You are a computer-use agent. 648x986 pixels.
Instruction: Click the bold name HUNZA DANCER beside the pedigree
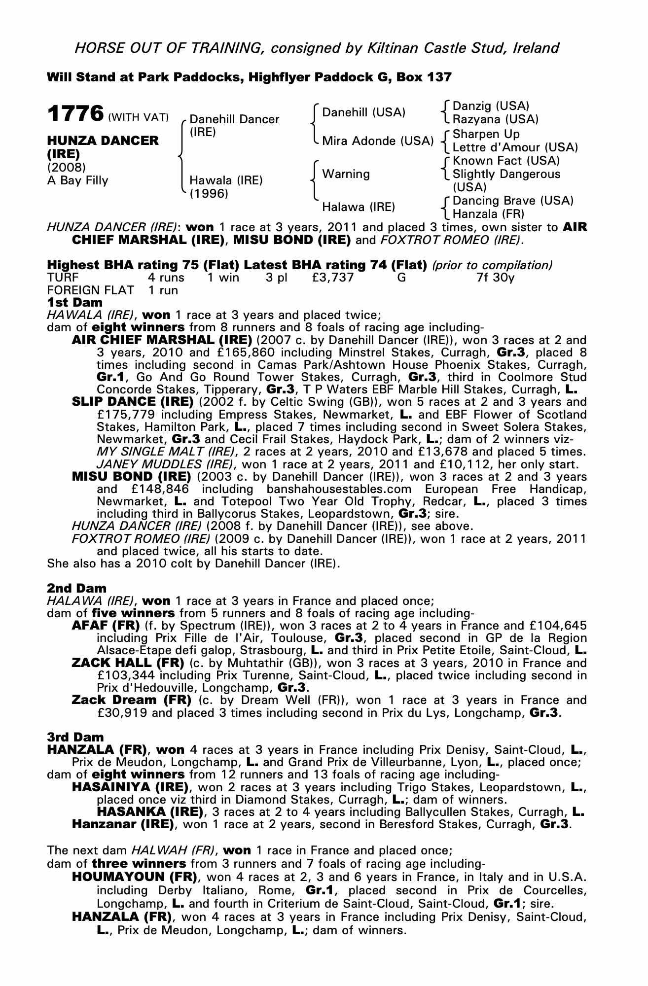click(x=103, y=141)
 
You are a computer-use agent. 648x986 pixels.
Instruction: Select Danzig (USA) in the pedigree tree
click(x=490, y=106)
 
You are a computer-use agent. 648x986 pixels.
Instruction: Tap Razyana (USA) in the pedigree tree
click(x=495, y=119)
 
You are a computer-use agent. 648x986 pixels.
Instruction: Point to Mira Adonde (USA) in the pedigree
click(x=377, y=141)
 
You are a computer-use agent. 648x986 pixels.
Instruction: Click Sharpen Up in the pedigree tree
click(x=486, y=134)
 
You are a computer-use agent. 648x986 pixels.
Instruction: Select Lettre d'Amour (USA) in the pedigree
click(x=515, y=147)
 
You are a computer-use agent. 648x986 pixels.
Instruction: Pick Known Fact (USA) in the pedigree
click(x=506, y=161)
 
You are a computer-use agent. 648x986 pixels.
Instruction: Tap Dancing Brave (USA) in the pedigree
click(x=513, y=201)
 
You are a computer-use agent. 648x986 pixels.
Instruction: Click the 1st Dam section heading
click(x=75, y=302)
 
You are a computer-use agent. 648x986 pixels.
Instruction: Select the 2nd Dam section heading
click(x=76, y=588)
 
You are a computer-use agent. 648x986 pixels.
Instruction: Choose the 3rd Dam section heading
click(x=75, y=737)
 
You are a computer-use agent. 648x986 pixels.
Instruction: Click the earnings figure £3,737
click(x=333, y=278)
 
